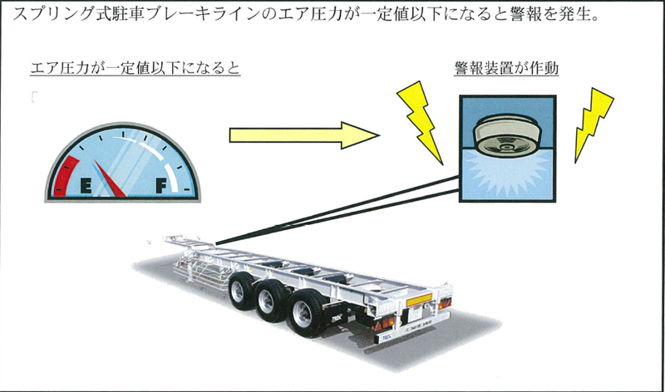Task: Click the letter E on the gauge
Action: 84,185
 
